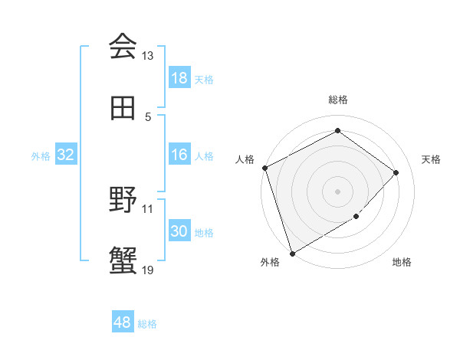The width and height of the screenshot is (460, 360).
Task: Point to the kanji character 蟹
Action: coord(123,261)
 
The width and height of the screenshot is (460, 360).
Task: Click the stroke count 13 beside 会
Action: coord(148,56)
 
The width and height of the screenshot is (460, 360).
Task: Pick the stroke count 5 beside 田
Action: coord(148,117)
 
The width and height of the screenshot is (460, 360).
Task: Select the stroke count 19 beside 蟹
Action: coord(148,270)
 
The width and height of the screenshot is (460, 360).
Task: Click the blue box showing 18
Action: coord(179,78)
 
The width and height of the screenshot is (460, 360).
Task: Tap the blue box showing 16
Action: coord(179,155)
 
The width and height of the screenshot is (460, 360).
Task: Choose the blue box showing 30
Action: coord(179,231)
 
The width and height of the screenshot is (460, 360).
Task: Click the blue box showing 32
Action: coord(66,155)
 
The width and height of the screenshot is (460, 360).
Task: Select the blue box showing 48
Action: coord(123,322)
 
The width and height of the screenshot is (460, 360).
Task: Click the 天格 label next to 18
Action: coord(204,79)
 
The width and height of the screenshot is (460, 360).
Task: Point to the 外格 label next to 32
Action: coord(41,156)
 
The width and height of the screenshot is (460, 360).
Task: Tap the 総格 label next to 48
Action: coord(147,323)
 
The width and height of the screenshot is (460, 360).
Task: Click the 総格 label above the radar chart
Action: coord(338,100)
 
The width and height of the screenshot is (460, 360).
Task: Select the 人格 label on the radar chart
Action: coord(245,159)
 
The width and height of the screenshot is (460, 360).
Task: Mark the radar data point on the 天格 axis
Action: coord(396,172)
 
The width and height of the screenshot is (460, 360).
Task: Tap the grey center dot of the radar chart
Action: coord(337,191)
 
